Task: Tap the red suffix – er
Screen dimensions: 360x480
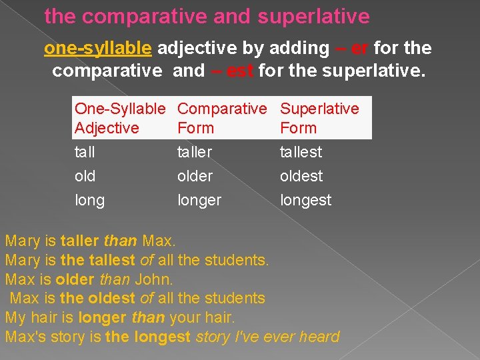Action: tap(352, 48)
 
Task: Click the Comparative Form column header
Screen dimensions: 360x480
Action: tap(221, 118)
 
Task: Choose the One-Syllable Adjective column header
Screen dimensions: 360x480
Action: tap(119, 118)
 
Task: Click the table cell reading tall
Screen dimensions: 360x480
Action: tap(85, 152)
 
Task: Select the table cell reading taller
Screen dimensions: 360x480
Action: tap(194, 152)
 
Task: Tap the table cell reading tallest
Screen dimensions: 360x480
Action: tap(301, 152)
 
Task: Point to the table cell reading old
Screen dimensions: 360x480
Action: tap(85, 176)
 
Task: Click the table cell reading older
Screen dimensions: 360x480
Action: tap(195, 176)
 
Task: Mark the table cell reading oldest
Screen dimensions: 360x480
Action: tap(301, 176)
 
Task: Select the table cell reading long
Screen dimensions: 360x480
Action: tap(89, 201)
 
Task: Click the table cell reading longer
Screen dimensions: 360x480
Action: tap(199, 201)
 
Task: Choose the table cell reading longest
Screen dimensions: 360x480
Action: tap(305, 201)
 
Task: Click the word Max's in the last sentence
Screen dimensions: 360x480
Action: tap(25, 337)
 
